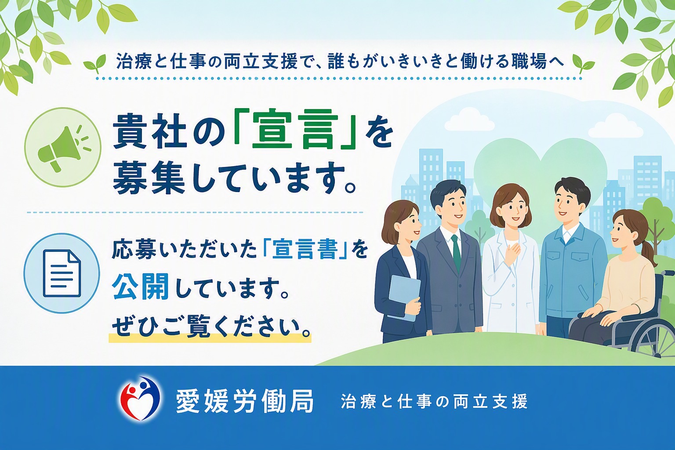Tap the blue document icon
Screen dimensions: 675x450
coord(62,273)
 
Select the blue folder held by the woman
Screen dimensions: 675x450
coord(404,298)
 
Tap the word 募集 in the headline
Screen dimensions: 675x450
coord(149,178)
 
